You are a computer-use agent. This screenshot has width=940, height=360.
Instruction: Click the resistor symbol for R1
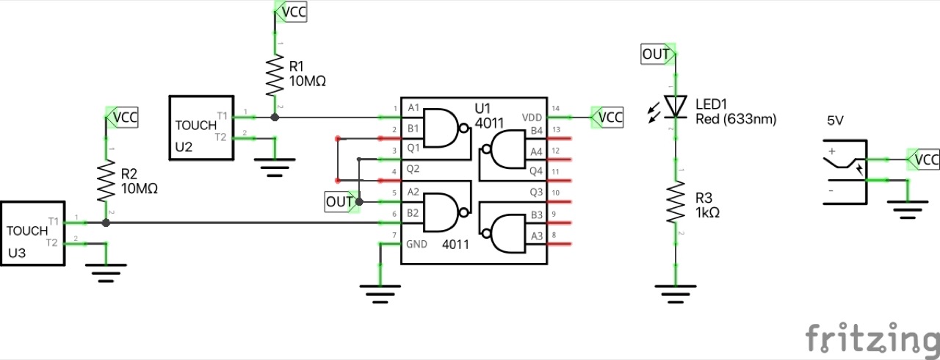click(x=275, y=74)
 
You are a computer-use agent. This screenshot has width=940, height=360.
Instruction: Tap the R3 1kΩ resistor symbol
click(x=675, y=204)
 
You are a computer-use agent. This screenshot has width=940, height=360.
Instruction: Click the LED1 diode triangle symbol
click(x=675, y=107)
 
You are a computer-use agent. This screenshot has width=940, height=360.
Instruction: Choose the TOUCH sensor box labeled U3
click(x=32, y=232)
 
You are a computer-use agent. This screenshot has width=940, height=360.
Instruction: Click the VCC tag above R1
click(x=291, y=12)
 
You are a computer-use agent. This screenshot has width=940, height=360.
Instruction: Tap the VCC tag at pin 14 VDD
click(x=607, y=117)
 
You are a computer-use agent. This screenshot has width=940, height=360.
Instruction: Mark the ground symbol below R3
click(x=675, y=292)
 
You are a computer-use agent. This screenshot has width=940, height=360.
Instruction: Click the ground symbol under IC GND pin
click(x=380, y=293)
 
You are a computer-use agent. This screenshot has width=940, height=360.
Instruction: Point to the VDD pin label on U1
click(x=532, y=118)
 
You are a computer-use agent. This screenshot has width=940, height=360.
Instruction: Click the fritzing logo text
click(x=871, y=339)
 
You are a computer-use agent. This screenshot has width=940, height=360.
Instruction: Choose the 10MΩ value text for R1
click(x=308, y=81)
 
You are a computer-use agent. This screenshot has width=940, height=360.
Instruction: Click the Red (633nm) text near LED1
click(x=735, y=118)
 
